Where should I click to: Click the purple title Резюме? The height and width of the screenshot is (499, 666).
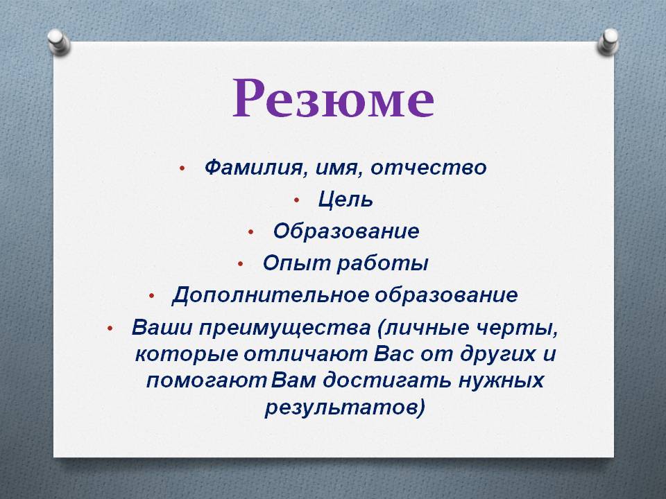click(x=334, y=98)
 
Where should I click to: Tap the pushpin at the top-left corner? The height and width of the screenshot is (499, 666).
click(x=58, y=42)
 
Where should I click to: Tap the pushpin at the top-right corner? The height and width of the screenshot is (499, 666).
click(x=608, y=42)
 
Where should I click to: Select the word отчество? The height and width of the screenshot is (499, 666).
click(x=429, y=167)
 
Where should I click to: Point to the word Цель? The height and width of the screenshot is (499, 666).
click(x=345, y=199)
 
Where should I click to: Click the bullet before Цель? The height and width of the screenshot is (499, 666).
click(x=297, y=200)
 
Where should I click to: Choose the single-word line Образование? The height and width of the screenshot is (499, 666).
click(x=346, y=231)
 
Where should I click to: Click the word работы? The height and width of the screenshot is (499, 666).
click(x=383, y=263)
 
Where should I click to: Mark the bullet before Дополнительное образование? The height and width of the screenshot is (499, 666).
click(x=152, y=296)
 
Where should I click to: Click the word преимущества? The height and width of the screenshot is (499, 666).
click(x=285, y=328)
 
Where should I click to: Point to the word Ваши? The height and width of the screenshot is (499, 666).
click(x=162, y=327)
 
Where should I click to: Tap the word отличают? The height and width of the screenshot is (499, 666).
click(x=305, y=354)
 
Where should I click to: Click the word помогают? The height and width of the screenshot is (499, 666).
click(x=206, y=380)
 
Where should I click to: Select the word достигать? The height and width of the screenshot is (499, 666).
click(x=386, y=380)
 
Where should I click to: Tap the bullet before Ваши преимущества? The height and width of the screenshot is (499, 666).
click(x=110, y=328)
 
